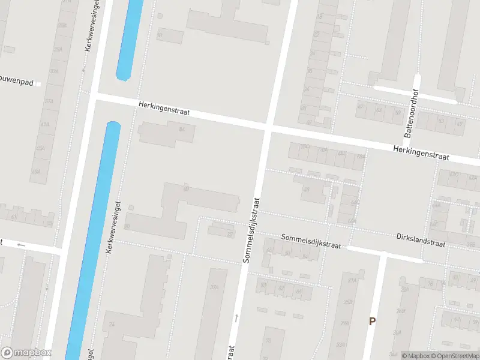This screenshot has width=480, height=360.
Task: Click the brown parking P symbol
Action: click(x=372, y=321)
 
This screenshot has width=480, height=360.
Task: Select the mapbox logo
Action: click(x=26, y=353)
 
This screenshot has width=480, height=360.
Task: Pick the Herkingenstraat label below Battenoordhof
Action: click(x=421, y=152)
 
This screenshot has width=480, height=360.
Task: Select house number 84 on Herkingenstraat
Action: click(x=181, y=129)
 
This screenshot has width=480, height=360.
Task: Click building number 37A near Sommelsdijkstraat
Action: click(x=214, y=287)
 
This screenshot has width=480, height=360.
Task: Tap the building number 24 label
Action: click(x=112, y=325)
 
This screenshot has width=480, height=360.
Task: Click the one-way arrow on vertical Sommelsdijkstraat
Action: click(x=236, y=317)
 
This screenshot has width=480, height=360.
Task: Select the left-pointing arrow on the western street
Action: click(x=22, y=245)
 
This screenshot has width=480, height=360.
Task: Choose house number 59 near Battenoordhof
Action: click(x=397, y=112)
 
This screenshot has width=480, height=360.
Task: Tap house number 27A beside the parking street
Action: click(x=353, y=280)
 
